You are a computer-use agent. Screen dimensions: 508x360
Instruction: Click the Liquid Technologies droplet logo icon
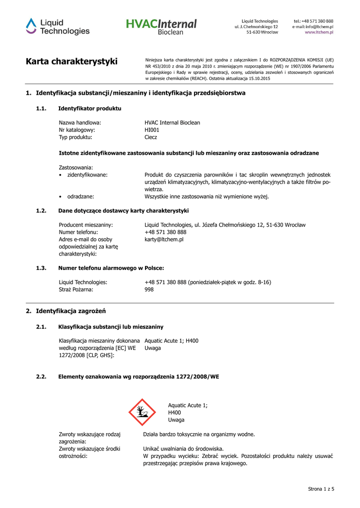[x=31, y=26]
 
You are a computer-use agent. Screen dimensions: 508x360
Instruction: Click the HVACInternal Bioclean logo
[x=161, y=26]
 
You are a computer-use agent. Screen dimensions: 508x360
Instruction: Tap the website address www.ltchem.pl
[x=319, y=32]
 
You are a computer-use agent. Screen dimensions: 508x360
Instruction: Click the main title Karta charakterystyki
[x=72, y=62]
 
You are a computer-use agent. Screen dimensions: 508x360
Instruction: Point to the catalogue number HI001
[x=151, y=130]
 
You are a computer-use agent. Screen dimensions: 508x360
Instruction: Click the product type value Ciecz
[x=150, y=137]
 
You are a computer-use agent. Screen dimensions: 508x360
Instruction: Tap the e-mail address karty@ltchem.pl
[x=164, y=240]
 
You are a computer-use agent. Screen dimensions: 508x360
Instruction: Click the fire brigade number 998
[x=149, y=290]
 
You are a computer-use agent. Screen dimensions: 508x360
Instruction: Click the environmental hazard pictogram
[x=142, y=412]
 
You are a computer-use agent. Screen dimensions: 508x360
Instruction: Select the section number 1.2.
[x=41, y=211]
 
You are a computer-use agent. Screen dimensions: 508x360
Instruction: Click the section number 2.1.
[x=41, y=327]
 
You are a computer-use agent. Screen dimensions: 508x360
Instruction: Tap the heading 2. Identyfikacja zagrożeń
[x=66, y=311]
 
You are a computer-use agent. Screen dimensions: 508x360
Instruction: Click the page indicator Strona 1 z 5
[x=321, y=489]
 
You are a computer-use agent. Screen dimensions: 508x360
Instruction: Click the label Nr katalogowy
[x=77, y=130]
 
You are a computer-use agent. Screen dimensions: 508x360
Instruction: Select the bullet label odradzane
[x=80, y=196]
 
